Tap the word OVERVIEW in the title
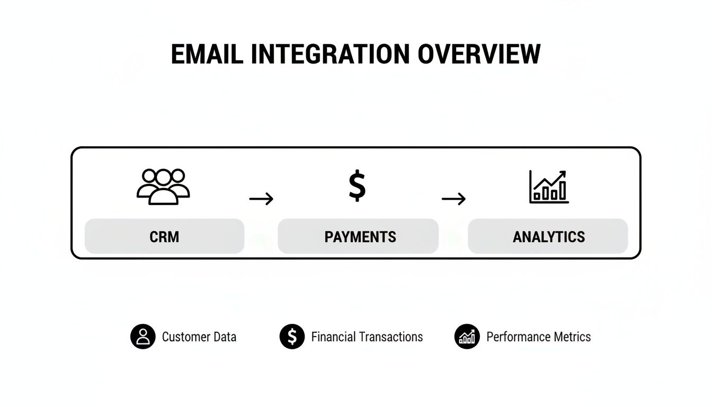click(479, 55)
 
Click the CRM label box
click(164, 236)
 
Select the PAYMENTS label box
click(358, 236)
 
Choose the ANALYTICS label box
click(548, 236)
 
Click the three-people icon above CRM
click(163, 187)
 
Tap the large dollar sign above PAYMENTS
click(357, 186)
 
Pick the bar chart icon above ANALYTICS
click(549, 187)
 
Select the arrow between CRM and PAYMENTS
click(261, 199)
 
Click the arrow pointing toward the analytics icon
click(453, 199)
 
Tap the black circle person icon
click(143, 337)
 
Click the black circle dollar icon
click(292, 337)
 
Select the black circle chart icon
click(467, 337)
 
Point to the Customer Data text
click(199, 337)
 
